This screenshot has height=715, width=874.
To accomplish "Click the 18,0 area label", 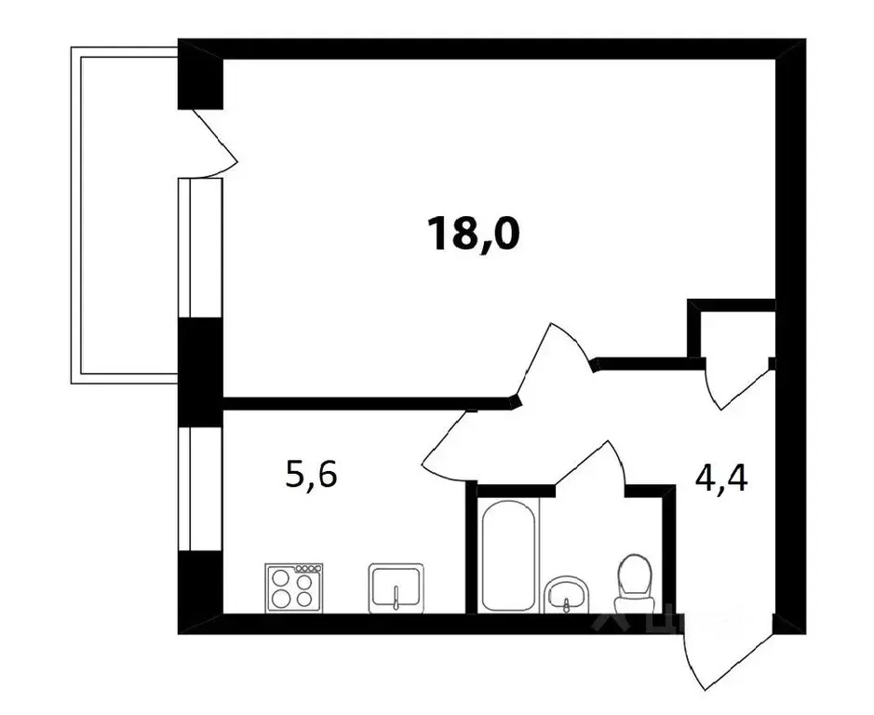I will coord(472,235).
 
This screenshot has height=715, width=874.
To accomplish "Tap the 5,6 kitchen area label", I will coord(311,476).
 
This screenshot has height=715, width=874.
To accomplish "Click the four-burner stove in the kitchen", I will coord(293,587).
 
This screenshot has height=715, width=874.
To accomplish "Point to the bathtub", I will coord(508,556).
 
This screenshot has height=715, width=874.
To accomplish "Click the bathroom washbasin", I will coord(567,595).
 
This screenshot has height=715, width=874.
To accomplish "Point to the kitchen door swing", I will coord(456,442).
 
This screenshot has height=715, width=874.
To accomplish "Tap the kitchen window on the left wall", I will coord(198,489).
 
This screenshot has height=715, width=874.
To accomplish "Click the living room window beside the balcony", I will coord(198,247).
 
